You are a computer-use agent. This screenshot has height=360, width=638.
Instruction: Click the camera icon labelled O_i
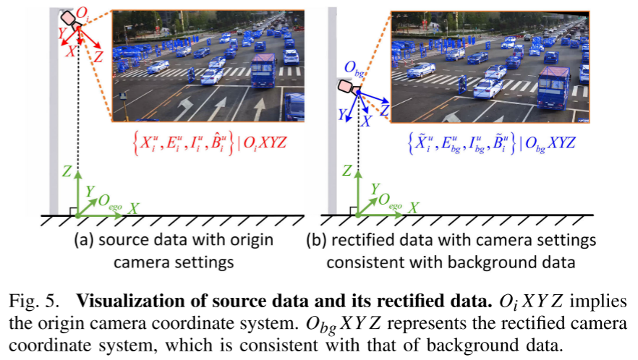[70, 18]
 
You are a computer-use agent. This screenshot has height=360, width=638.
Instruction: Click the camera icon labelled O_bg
[346, 87]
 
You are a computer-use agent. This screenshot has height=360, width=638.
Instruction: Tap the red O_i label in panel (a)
[82, 10]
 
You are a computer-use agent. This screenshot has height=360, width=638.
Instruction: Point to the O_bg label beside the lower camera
[354, 69]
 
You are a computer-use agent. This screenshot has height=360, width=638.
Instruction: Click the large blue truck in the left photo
[264, 71]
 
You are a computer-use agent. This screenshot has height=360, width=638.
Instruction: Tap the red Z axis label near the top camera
[98, 55]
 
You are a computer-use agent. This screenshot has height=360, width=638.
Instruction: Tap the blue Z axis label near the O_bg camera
[385, 109]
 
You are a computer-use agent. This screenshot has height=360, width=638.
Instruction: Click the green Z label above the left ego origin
[66, 171]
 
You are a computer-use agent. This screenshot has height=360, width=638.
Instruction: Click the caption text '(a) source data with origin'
[174, 239]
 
